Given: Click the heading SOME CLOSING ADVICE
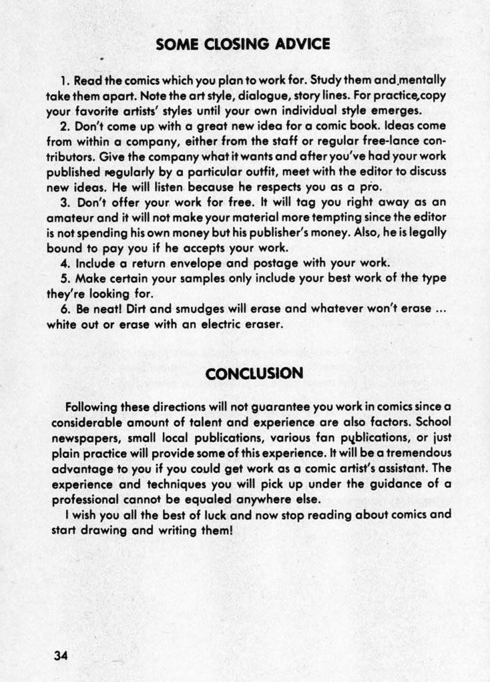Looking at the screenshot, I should tap(242, 45).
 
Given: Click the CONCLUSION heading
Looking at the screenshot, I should tap(254, 374).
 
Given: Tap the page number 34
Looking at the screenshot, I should tap(61, 655).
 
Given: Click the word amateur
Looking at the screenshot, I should tap(71, 218).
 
